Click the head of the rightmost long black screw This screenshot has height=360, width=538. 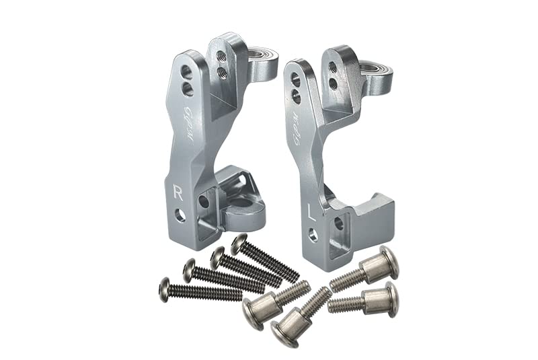pos(239,244)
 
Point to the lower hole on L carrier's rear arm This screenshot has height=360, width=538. pos(333,84)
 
